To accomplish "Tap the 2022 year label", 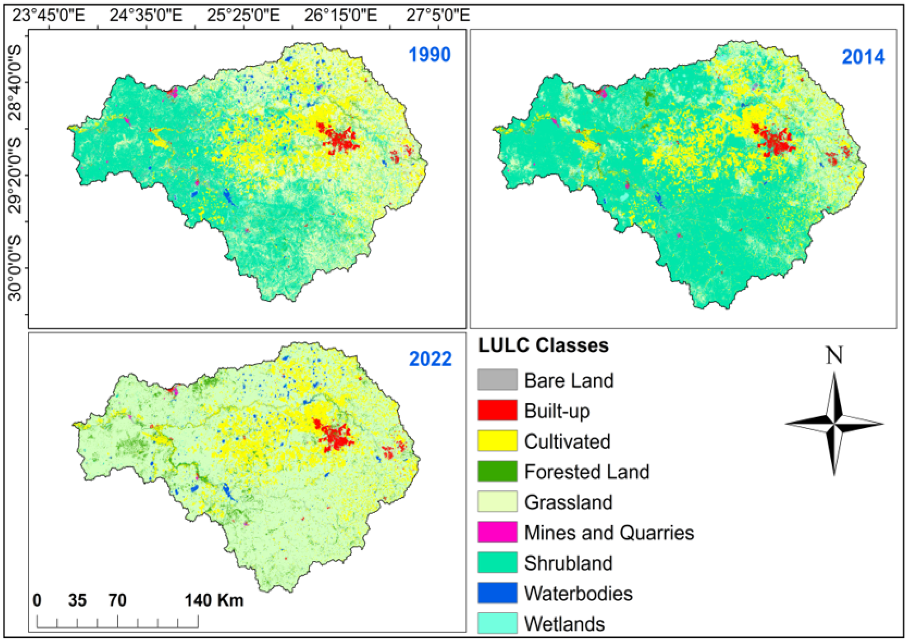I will [x=430, y=359].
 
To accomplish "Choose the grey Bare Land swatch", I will [x=497, y=380].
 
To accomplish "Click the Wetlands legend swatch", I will [x=497, y=623].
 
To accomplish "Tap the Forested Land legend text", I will [x=587, y=472].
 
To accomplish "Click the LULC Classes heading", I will [x=543, y=345].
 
